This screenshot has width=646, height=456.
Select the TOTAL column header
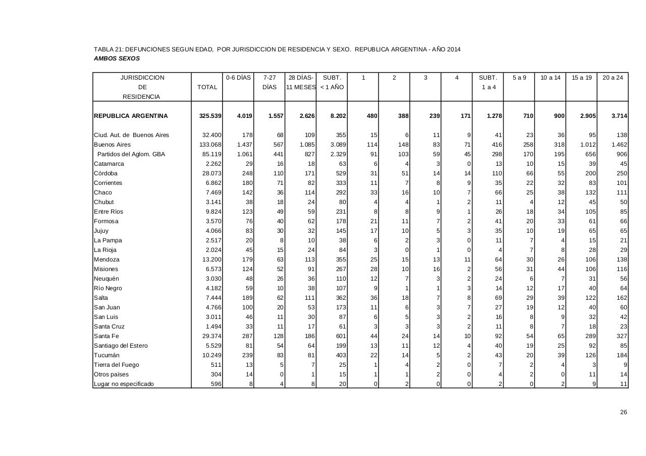tap(207, 87)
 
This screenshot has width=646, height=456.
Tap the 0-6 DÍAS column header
tap(238, 78)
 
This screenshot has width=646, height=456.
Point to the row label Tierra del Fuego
tap(116, 365)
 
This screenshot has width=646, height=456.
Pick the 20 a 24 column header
tap(613, 78)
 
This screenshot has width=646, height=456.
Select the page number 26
tap(623, 412)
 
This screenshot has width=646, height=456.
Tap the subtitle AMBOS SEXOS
tap(117, 58)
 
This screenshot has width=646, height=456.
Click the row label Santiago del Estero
tap(121, 346)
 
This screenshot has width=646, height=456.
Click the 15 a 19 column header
tap(581, 78)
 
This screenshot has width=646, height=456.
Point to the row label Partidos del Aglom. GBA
tap(131, 154)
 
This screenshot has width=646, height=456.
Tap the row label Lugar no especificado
tap(124, 384)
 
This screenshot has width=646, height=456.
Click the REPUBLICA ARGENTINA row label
tap(131, 116)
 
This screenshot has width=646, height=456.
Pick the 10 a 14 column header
tap(550, 78)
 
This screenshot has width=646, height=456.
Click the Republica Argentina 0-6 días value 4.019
tap(245, 116)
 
